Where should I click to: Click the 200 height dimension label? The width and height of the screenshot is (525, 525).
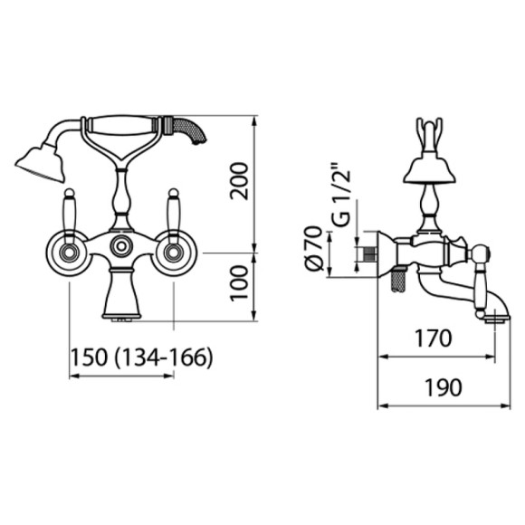tap(239, 181)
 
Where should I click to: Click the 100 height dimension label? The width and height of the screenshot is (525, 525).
tap(239, 283)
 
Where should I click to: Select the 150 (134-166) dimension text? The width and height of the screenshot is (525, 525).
tap(142, 358)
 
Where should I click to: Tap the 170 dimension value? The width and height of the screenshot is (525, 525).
tap(434, 339)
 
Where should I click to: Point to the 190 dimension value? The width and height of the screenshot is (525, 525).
tap(444, 387)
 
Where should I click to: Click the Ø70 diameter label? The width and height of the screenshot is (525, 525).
tap(314, 248)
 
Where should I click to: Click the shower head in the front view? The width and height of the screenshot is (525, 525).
tap(41, 163)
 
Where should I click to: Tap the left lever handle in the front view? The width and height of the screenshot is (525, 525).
tap(70, 215)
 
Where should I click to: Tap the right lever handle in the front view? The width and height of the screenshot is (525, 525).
tap(174, 215)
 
